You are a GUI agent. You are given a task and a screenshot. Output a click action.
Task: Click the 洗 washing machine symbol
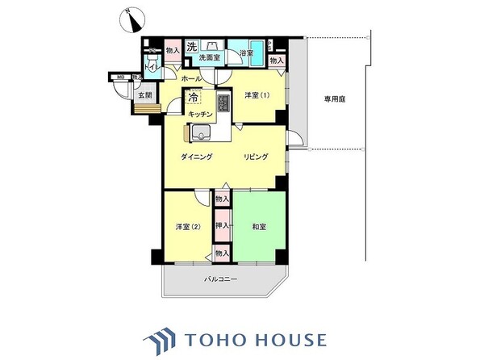tap(192, 47)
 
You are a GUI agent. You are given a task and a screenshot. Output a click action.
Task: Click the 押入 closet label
tap(222, 226)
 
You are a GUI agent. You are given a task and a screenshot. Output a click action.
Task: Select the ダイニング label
tap(196, 157)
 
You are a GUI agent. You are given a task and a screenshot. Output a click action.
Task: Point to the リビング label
tap(256, 157)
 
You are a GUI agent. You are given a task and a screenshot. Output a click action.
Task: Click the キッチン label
tap(200, 115)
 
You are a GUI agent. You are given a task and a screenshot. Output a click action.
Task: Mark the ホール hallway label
tap(191, 78)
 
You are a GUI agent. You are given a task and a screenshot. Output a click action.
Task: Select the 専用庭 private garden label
tap(335, 100)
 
